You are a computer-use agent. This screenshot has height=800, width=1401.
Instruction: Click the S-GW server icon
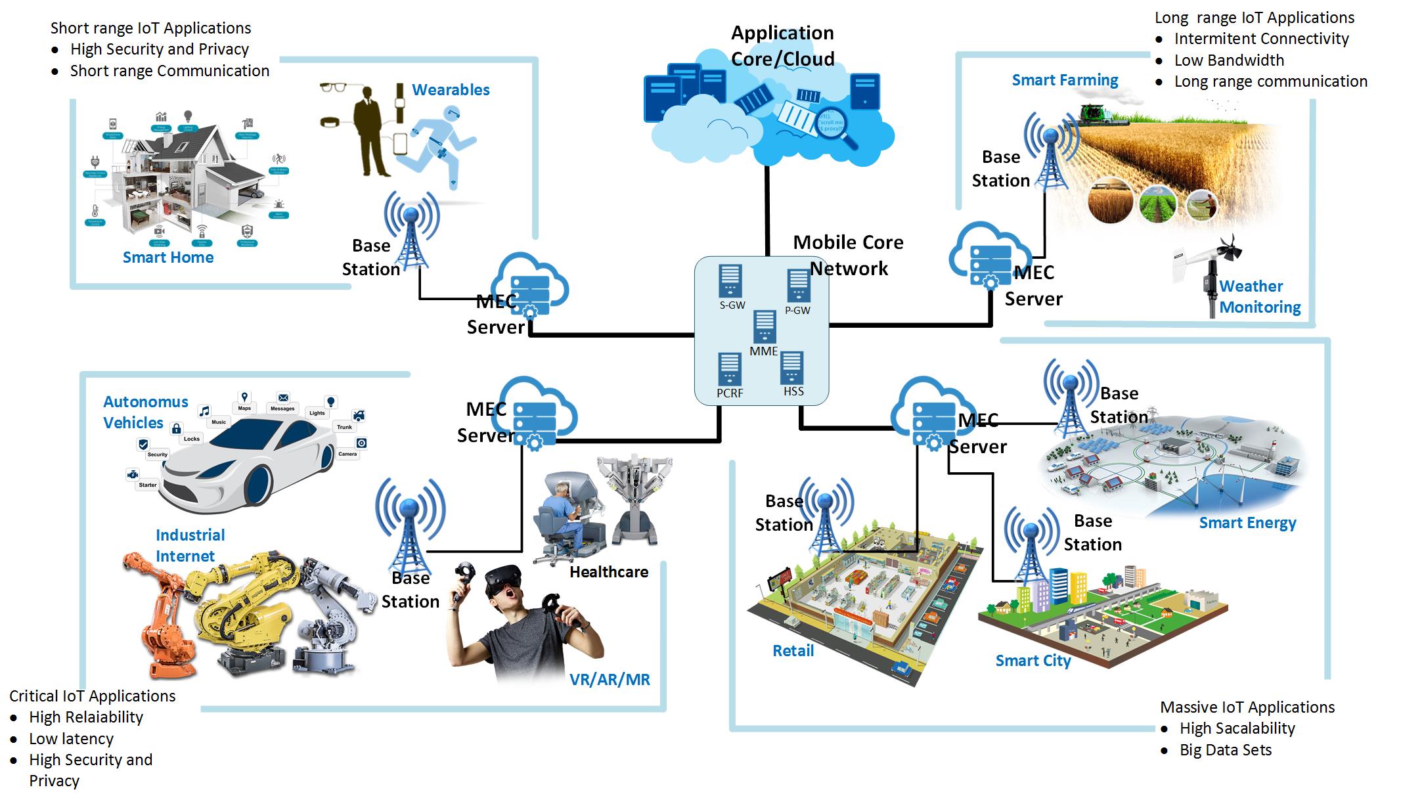coord(730,281)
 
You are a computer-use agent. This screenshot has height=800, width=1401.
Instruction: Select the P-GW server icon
coord(799,286)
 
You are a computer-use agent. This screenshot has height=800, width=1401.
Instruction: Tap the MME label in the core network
coord(763,351)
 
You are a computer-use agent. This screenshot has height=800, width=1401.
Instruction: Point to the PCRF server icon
coord(729,369)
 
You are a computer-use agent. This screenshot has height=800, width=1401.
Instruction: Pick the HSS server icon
coord(792,368)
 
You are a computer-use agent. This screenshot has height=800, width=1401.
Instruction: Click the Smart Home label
coord(168,257)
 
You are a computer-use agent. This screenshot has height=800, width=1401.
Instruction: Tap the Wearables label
coord(451,90)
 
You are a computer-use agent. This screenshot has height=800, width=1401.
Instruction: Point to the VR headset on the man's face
coord(503,580)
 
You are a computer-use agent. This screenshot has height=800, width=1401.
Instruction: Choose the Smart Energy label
coord(1247,523)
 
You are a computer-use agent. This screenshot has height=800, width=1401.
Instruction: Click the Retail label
coord(793,651)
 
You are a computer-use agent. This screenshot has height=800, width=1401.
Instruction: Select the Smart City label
coord(1033,661)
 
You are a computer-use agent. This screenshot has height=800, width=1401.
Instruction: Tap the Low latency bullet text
coord(71,739)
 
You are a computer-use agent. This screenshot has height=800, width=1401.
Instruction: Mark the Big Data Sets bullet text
coord(1225,750)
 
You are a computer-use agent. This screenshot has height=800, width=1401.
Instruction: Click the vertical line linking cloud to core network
coord(767,210)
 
